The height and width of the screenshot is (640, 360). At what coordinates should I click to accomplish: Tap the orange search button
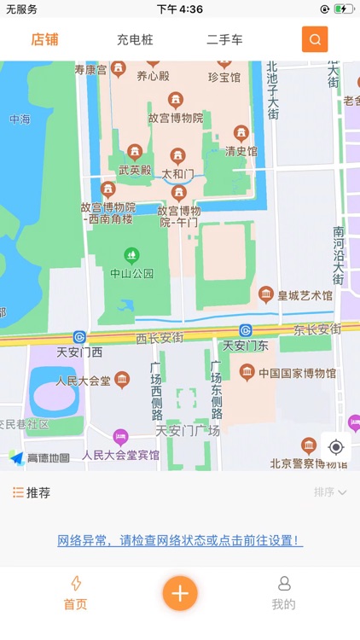[315, 39]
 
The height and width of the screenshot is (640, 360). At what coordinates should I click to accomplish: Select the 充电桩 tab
[135, 40]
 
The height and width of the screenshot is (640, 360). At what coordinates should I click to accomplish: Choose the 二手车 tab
[224, 40]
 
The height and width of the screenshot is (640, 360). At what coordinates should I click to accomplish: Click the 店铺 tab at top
[44, 39]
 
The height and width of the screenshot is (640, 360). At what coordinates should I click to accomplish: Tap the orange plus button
[180, 593]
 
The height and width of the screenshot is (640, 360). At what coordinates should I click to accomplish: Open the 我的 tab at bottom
[284, 593]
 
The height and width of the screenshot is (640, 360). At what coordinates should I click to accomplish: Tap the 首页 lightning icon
[76, 584]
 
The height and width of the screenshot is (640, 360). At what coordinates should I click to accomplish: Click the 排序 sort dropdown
[329, 492]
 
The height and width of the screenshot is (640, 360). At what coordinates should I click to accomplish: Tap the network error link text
[180, 540]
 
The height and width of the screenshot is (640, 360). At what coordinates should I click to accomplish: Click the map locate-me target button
[335, 447]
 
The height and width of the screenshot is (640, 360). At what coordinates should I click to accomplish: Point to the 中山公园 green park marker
[131, 254]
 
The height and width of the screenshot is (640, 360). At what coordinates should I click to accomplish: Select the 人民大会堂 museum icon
[122, 379]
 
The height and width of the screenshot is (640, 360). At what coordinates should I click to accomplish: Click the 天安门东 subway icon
[246, 330]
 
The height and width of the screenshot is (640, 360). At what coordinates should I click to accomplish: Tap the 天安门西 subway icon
[79, 336]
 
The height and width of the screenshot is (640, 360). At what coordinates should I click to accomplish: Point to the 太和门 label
[177, 174]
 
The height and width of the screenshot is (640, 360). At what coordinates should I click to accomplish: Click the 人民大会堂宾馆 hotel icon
[120, 438]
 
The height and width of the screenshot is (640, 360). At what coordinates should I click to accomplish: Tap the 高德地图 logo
[39, 458]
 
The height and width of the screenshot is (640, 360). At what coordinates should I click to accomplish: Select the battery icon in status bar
[343, 9]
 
